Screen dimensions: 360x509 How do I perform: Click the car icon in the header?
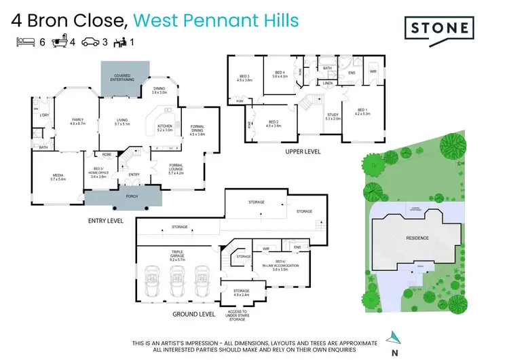pos(91,42)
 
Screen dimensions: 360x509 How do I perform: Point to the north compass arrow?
pos(392,337)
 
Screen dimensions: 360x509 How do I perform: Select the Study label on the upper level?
pos(333,116)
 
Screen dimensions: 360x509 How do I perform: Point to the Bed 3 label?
pos(244,77)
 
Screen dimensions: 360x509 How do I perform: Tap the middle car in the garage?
pos(178,278)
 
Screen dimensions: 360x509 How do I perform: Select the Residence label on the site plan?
pos(417,238)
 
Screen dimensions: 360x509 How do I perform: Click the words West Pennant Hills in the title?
pos(216,20)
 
